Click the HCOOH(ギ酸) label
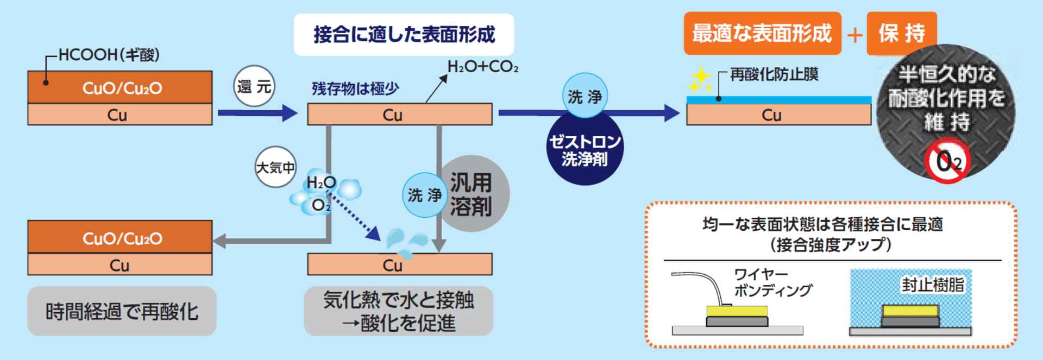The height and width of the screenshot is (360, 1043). pos(109,55)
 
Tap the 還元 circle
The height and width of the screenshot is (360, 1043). pos(254,86)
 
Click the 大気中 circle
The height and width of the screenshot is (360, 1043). pos(275,167)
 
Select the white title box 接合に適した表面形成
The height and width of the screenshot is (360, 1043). pos(404,35)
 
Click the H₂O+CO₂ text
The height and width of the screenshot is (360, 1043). pos(482,67)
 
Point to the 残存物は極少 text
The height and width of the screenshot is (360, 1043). pos(355,89)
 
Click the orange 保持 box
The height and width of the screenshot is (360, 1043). pos(901,33)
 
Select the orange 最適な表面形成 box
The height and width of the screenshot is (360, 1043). pos(762,33)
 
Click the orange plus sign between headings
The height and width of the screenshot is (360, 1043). pos(854,35)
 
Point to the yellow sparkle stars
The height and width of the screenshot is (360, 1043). pos(700,80)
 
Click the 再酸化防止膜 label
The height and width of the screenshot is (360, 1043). pos(774,74)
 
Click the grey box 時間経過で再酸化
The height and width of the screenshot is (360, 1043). pos(122,311)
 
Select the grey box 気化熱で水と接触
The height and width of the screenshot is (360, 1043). pos(398,311)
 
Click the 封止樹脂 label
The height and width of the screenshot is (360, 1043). pos(932,285)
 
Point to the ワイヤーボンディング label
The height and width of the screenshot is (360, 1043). pos(771,282)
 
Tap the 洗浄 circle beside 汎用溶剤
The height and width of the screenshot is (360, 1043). pos(424,195)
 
